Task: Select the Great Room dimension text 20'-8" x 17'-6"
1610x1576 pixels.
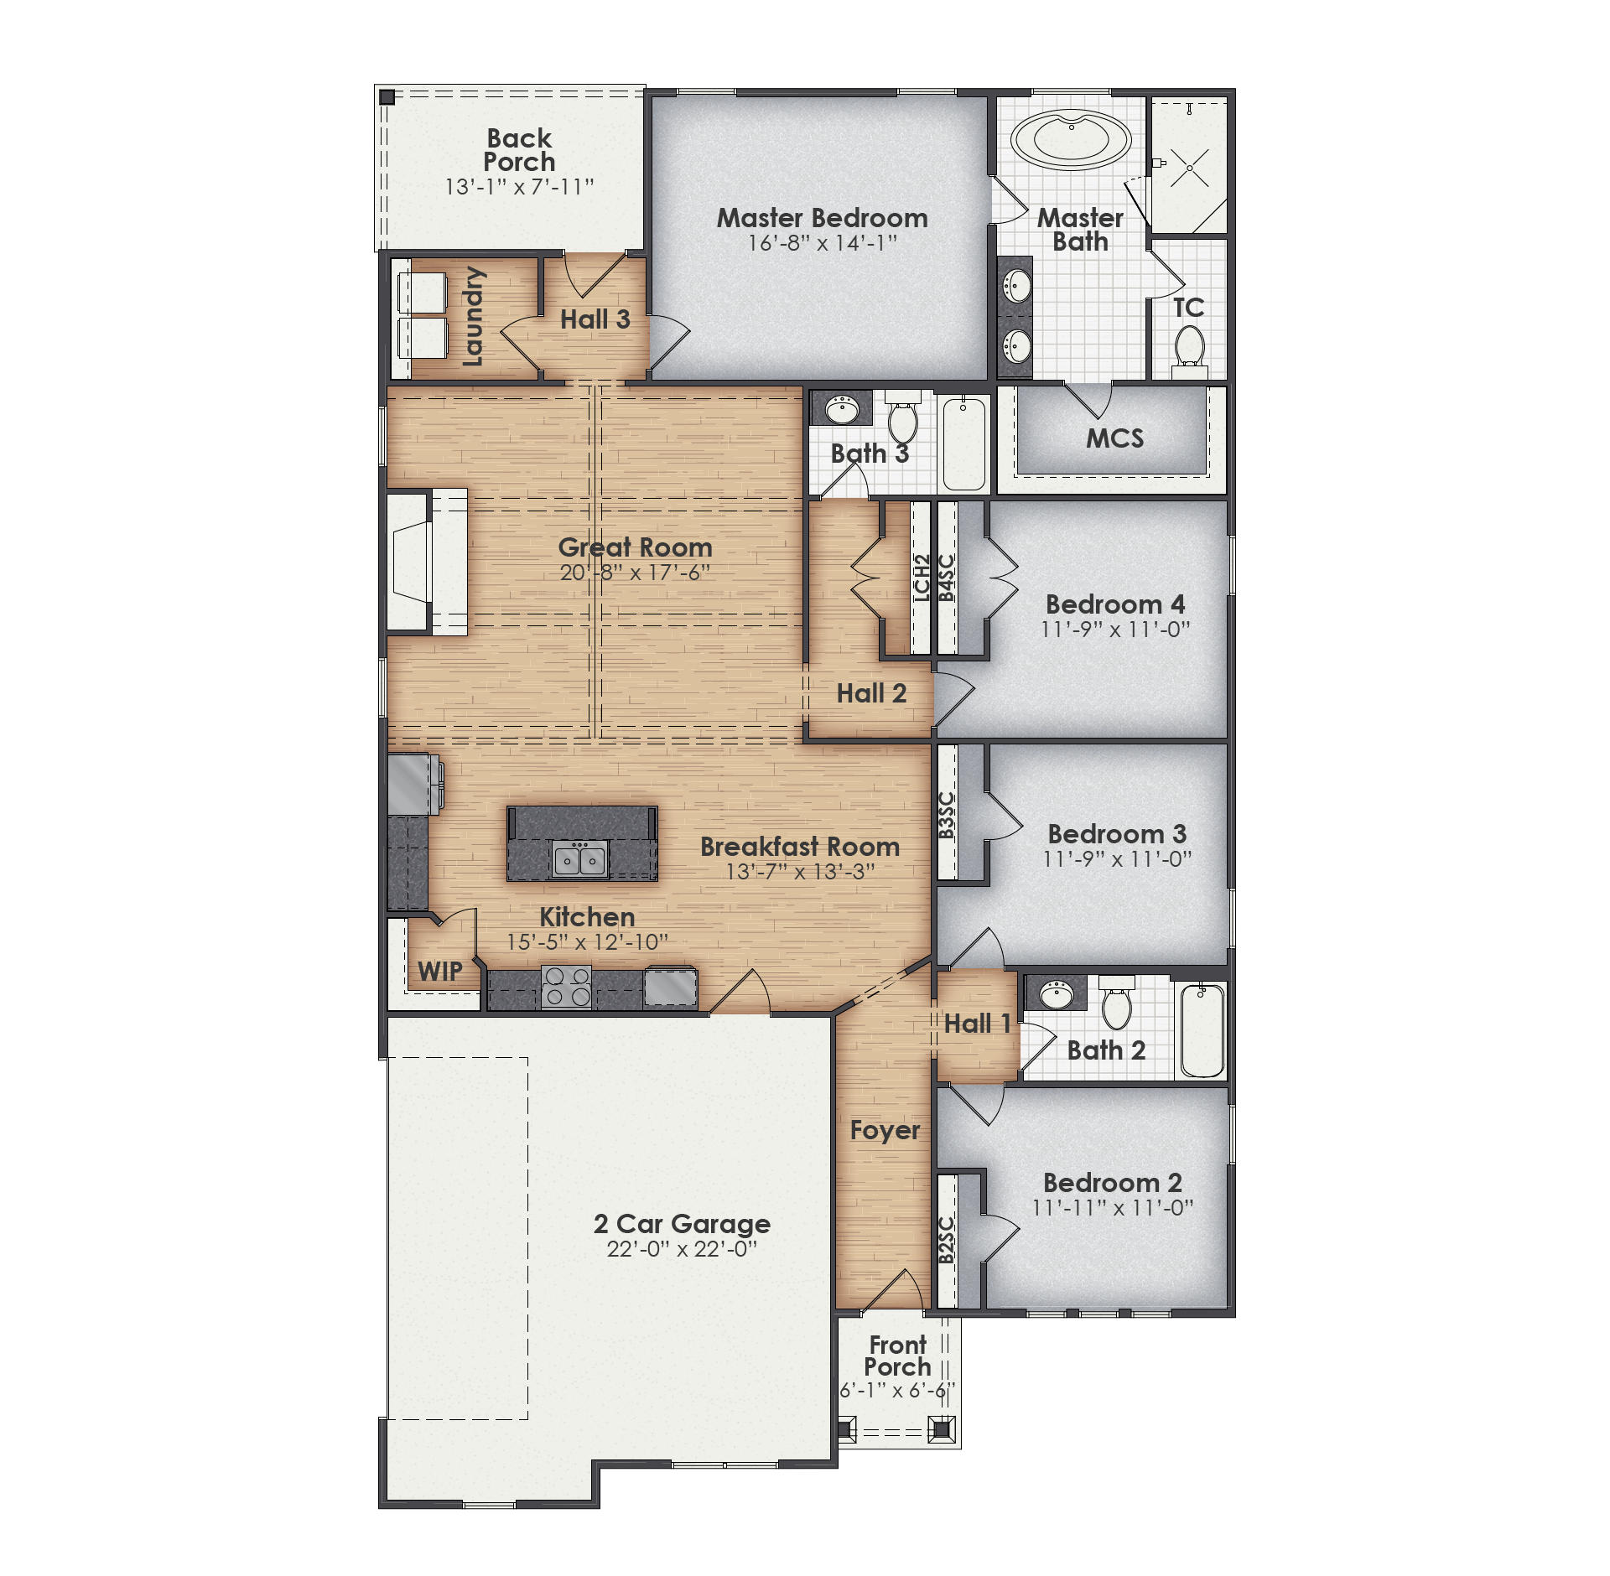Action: pyautogui.click(x=635, y=573)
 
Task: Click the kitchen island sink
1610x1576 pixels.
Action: pyautogui.click(x=579, y=860)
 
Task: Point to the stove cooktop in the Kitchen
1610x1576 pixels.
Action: pyautogui.click(x=566, y=986)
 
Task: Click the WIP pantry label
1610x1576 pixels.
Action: pyautogui.click(x=439, y=972)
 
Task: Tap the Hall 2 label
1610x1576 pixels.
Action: pyautogui.click(x=871, y=693)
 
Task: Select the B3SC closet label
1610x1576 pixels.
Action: pyautogui.click(x=947, y=815)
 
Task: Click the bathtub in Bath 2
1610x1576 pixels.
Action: pyautogui.click(x=1202, y=1031)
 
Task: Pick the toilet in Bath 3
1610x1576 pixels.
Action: pyautogui.click(x=903, y=421)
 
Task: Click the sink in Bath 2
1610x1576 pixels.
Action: pyautogui.click(x=1056, y=996)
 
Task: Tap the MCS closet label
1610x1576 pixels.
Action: pyautogui.click(x=1114, y=438)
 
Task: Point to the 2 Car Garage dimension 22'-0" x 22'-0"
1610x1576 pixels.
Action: pyautogui.click(x=682, y=1249)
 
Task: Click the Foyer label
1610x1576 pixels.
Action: pyautogui.click(x=885, y=1130)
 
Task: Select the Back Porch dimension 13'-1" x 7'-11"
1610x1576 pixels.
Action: pyautogui.click(x=519, y=186)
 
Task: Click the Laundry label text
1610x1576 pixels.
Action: pyautogui.click(x=474, y=317)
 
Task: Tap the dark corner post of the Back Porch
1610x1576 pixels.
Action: pyautogui.click(x=387, y=97)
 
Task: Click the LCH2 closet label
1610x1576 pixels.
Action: pyautogui.click(x=922, y=578)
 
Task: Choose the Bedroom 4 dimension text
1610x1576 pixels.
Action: pyautogui.click(x=1115, y=629)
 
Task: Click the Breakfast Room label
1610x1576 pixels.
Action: pyautogui.click(x=800, y=847)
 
